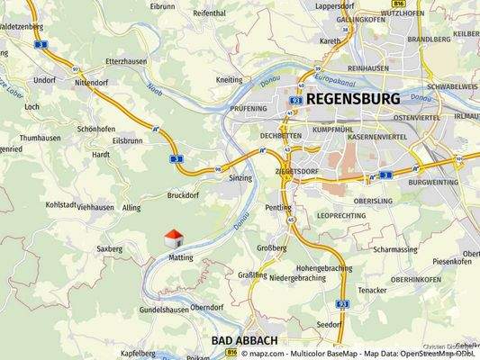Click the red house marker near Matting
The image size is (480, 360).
point(174,238)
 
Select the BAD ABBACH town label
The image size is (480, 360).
point(244,341)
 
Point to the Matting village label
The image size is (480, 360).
point(182,256)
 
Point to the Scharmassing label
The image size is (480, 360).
point(394,249)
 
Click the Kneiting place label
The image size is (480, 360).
point(230,79)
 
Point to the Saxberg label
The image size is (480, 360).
point(108,247)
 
